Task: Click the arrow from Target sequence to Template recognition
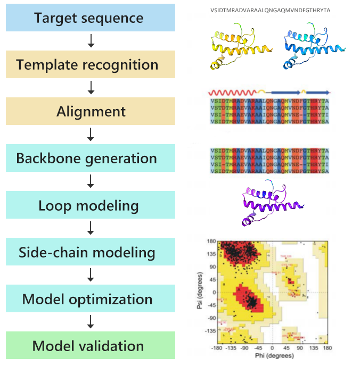91,41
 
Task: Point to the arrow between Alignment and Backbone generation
91,135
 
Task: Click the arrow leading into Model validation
91,322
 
